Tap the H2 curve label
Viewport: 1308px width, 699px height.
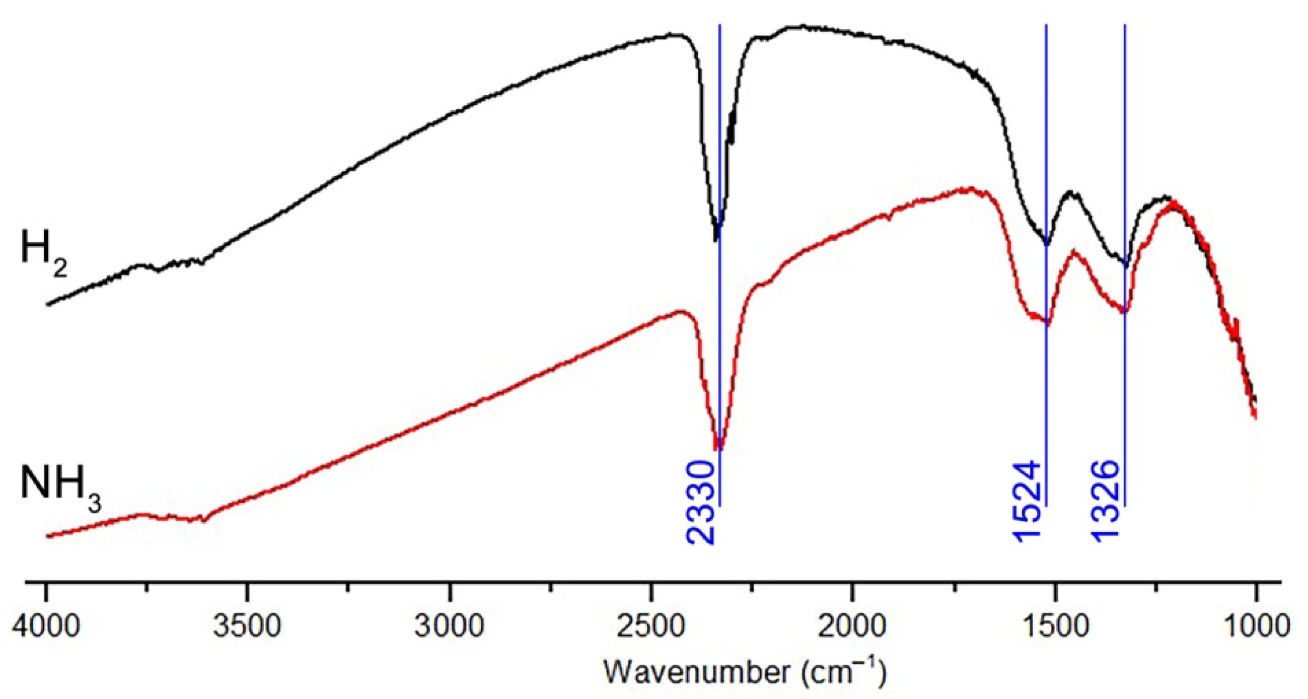(43, 251)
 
